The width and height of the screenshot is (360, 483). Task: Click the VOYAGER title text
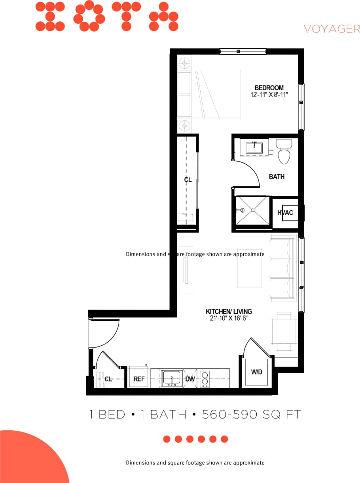coord(332,29)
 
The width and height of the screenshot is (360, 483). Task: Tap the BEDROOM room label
coord(269,88)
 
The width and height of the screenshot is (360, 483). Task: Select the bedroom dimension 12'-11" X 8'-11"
coord(269,95)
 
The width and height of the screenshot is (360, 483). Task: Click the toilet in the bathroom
coord(284,153)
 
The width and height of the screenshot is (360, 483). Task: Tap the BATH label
coord(277,177)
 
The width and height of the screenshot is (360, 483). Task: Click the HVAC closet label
coord(285,213)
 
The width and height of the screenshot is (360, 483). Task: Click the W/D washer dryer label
coord(256,372)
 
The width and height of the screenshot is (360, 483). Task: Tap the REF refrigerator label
coord(139,379)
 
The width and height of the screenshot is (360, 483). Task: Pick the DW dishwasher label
coord(190,379)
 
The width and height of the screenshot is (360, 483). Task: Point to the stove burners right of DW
coord(205,378)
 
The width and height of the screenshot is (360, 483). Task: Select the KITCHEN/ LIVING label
coord(229,312)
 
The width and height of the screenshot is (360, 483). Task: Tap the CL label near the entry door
coord(108,379)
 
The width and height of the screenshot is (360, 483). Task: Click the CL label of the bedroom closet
coord(188,180)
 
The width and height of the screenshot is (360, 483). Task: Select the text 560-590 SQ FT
coord(252,415)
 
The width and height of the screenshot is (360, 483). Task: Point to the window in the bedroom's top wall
coord(243,51)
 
